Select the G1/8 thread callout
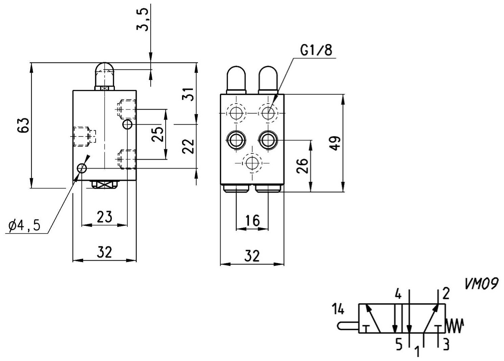316,50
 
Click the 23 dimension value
104,217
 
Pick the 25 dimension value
157,134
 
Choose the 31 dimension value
188,94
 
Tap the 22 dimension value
188,146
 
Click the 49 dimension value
335,143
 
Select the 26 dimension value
302,166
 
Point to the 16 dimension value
252,220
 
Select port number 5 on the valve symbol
399,345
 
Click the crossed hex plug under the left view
105,185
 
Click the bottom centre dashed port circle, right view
252,163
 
